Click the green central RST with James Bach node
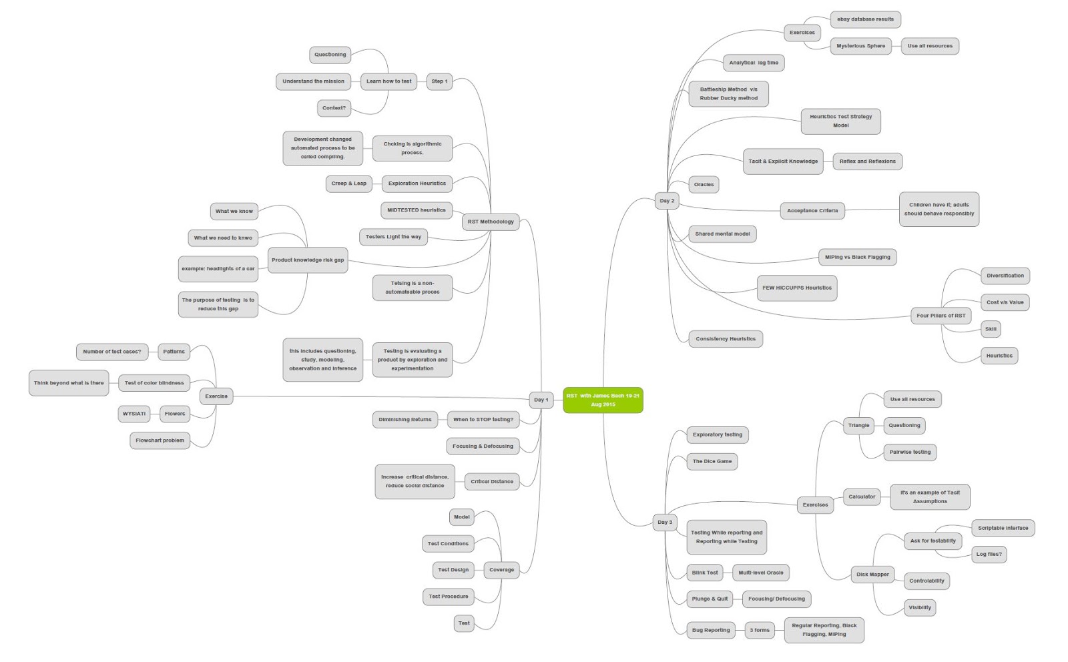[603, 400]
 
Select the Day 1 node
[541, 400]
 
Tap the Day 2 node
[667, 200]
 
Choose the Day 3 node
[665, 522]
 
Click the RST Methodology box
[491, 222]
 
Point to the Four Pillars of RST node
[941, 316]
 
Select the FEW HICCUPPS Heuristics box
[796, 288]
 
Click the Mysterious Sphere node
[860, 46]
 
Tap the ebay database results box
[865, 19]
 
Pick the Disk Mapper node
[872, 574]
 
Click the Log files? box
[989, 554]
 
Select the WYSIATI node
[133, 414]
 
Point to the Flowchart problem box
[160, 440]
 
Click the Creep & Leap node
[348, 184]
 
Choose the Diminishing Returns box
[405, 420]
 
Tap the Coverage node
[501, 570]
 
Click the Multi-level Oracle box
[760, 573]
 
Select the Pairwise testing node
[909, 452]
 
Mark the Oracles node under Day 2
[704, 185]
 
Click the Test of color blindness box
[154, 383]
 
